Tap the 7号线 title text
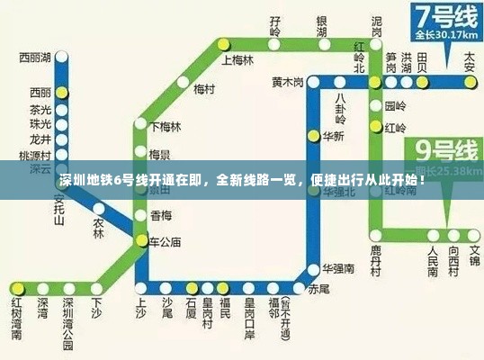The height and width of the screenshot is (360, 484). (x=444, y=16)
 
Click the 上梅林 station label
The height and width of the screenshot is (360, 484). (x=238, y=61)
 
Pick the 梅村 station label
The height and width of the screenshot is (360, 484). (x=203, y=89)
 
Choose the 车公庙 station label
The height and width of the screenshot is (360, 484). (x=166, y=241)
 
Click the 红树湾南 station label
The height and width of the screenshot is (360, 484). (x=17, y=316)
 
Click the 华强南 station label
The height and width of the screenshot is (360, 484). (x=336, y=268)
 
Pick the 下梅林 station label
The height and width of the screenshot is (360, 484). (x=166, y=126)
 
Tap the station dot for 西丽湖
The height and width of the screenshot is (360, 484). (x=61, y=58)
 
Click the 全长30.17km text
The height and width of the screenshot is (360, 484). (x=443, y=36)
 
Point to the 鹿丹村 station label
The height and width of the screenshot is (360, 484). (x=376, y=259)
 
